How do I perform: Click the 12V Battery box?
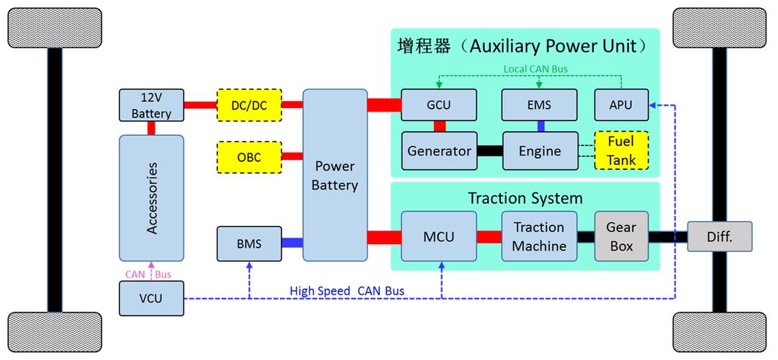coord(151,105)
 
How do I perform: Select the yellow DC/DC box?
coord(249,105)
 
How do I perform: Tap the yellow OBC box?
coord(249,157)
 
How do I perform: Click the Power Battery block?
coord(335,175)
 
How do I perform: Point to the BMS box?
coord(249,243)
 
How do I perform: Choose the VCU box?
coord(151,298)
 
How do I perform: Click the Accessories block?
coord(151,198)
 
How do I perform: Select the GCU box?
coord(438,105)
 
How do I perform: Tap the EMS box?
coord(539,105)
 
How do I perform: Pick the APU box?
coord(621,105)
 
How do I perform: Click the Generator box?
coord(439,150)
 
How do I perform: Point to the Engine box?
coord(540,150)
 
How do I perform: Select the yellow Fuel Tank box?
coord(621,150)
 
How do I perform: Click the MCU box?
coord(438,236)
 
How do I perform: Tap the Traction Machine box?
coord(539,236)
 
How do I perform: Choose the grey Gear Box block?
coord(621,236)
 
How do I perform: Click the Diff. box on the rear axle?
coord(720,236)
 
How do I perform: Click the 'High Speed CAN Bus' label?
coord(347,291)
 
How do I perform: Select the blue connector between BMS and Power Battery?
coord(292,243)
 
